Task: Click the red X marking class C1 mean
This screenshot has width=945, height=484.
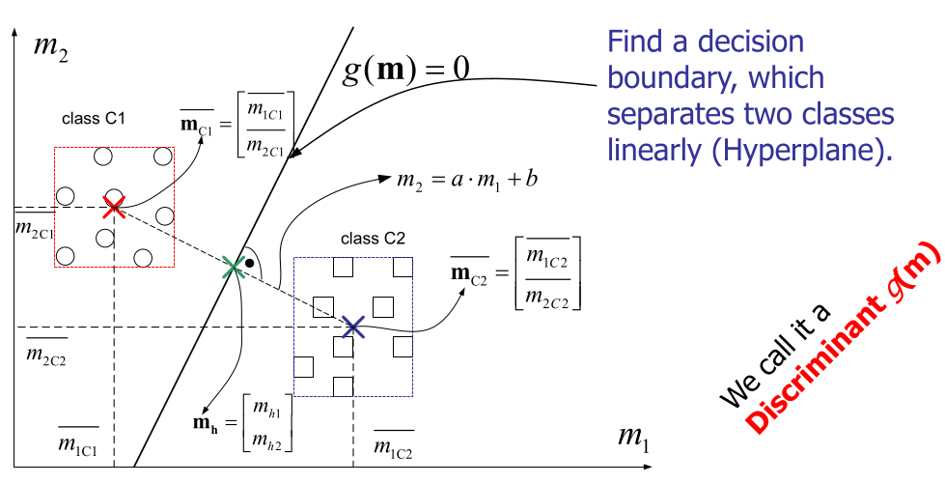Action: click(114, 206)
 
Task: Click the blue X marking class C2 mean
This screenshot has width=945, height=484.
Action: click(353, 327)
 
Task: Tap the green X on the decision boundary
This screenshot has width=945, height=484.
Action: click(233, 267)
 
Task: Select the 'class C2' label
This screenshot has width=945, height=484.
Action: click(372, 238)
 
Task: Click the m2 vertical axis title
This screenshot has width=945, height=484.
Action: click(49, 46)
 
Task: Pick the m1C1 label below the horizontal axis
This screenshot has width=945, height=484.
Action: click(78, 443)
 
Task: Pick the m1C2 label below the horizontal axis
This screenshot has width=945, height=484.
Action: click(394, 448)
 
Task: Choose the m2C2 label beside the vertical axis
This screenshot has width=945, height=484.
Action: click(46, 357)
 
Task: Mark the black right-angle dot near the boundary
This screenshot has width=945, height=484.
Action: click(250, 263)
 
